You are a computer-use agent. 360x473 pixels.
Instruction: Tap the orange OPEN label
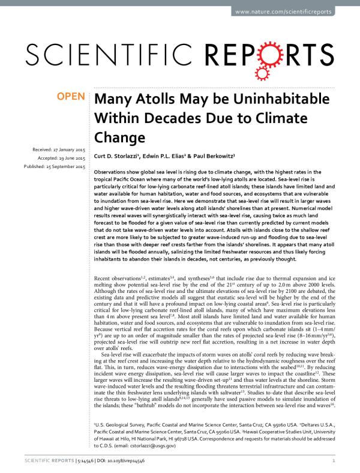pyautogui.click(x=71, y=97)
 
